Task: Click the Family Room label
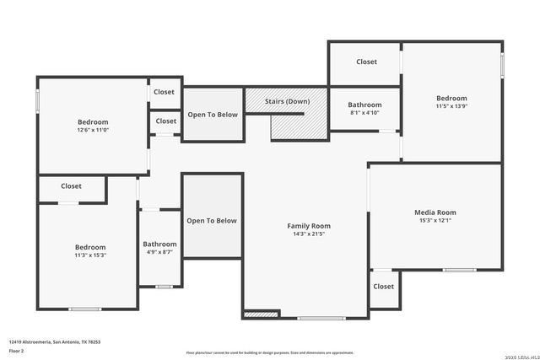(309, 226)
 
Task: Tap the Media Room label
(435, 212)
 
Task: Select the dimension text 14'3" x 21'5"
(309, 234)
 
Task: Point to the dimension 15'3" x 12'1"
(435, 221)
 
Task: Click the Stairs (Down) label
(287, 101)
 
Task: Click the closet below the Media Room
(383, 287)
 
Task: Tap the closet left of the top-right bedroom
(366, 62)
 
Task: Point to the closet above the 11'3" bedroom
(71, 186)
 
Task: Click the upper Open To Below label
(213, 115)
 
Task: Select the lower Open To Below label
(212, 221)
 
